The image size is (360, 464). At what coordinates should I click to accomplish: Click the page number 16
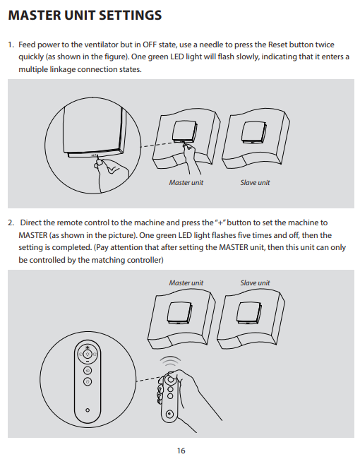tap(181, 451)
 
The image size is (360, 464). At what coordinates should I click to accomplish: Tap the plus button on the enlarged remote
tap(88, 347)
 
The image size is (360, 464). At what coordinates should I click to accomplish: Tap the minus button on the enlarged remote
tap(88, 362)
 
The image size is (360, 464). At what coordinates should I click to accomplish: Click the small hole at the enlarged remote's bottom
tap(88, 410)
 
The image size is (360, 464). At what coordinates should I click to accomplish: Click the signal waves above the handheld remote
tap(170, 362)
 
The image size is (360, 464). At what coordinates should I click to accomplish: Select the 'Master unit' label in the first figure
tap(186, 183)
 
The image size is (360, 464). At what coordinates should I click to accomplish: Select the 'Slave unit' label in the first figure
tap(255, 183)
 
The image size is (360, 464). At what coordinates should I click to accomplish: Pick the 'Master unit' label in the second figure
tap(186, 283)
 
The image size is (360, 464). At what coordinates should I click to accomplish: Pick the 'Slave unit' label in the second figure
tap(255, 283)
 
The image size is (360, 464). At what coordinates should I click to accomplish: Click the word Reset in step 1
tap(277, 44)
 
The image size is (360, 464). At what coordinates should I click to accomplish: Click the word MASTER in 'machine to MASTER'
tap(33, 235)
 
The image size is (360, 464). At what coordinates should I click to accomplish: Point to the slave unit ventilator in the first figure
tap(254, 132)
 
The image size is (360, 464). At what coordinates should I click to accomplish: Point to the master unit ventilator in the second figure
tap(179, 313)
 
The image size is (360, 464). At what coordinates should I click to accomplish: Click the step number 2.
tap(11, 222)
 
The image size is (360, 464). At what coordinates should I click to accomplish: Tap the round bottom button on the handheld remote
tap(169, 414)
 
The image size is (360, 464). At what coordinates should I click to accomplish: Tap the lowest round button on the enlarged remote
tap(88, 382)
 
